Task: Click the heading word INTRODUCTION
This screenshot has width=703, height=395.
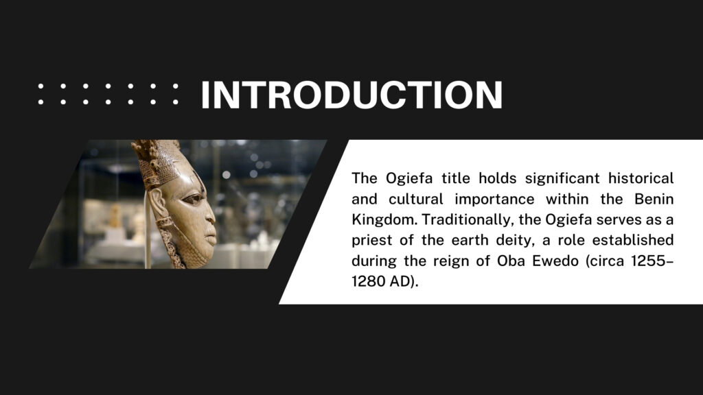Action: tap(352, 95)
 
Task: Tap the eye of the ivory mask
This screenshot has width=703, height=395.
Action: tap(193, 198)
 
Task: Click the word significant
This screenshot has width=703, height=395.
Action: tap(562, 179)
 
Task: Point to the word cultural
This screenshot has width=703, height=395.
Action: tap(415, 199)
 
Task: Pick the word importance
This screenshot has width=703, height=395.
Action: tap(494, 200)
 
